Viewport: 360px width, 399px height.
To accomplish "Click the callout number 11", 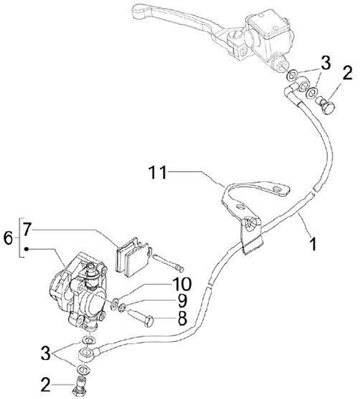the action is pos(157,173).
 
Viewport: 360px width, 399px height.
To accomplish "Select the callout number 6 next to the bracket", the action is pos(8,237).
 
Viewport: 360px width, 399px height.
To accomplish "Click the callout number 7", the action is pos(26,229).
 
